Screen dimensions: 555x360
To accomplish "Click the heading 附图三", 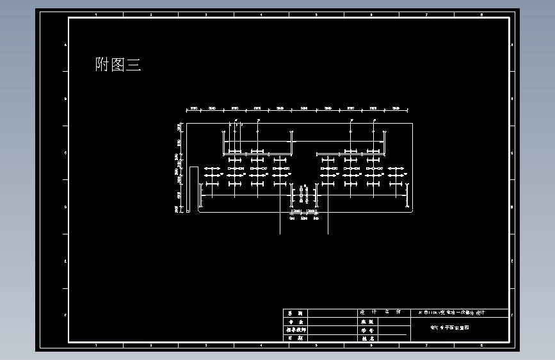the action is [x=118, y=64].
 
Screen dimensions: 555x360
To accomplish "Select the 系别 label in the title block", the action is [x=294, y=313].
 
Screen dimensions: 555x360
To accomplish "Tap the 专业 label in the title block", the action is [x=294, y=322].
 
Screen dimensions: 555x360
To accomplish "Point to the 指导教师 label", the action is [x=294, y=330].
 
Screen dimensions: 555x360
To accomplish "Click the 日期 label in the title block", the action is [x=294, y=338].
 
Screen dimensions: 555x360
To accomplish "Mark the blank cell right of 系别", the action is [x=332, y=313].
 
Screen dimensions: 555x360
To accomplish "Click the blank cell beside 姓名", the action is [x=392, y=338].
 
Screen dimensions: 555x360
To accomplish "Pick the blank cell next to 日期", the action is [x=332, y=338].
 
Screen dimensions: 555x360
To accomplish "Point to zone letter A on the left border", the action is [x=65, y=45].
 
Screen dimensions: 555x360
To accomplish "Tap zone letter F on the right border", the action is [x=513, y=315].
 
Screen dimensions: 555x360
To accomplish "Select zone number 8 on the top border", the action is [x=481, y=14].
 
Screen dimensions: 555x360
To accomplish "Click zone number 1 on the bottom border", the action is [x=96, y=345].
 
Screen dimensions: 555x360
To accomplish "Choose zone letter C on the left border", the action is [x=65, y=153].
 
